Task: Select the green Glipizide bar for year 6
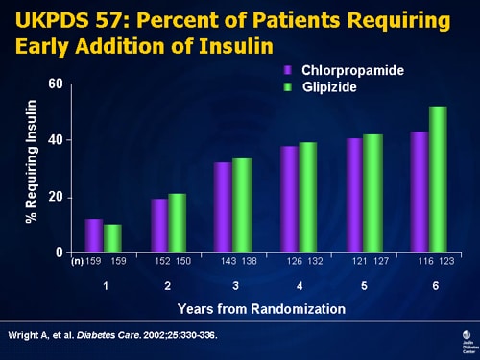tap(438, 180)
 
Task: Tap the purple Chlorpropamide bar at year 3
tap(222, 207)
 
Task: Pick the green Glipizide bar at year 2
tap(177, 223)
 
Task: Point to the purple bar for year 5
tap(354, 196)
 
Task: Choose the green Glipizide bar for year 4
tap(308, 198)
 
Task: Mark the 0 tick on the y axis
tap(60, 252)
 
